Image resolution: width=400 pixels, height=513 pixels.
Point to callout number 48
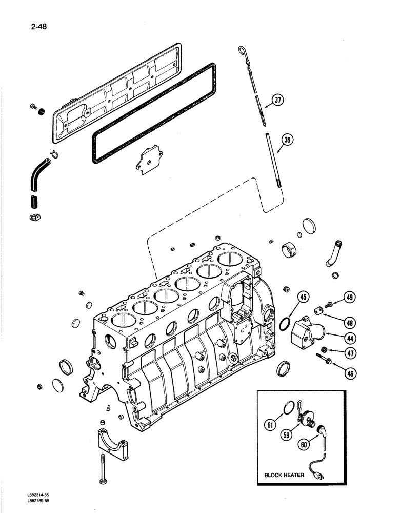click(x=350, y=323)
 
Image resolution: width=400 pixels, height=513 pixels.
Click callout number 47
click(x=350, y=353)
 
